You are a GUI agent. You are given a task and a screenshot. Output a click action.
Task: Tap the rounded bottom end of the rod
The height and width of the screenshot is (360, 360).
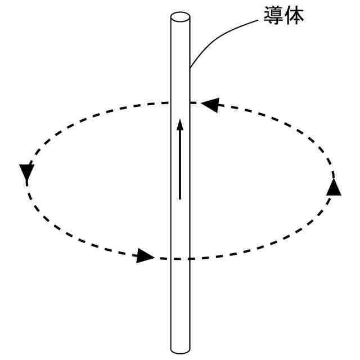(180, 349)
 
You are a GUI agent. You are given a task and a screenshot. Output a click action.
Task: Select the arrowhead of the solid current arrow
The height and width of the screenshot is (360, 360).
(180, 124)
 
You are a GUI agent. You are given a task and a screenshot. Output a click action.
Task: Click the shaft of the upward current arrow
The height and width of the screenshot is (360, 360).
(180, 163)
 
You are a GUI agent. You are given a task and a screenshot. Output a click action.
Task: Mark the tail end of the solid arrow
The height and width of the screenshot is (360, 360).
(180, 198)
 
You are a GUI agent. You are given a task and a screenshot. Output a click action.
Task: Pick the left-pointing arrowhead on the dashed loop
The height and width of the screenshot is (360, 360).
(209, 104)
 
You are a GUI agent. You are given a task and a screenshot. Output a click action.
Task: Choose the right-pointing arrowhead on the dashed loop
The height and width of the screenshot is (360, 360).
(145, 256)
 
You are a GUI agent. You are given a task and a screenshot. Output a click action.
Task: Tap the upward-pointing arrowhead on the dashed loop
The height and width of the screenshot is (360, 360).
(334, 187)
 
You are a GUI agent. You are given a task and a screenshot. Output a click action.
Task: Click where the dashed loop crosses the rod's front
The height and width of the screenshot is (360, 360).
(180, 259)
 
